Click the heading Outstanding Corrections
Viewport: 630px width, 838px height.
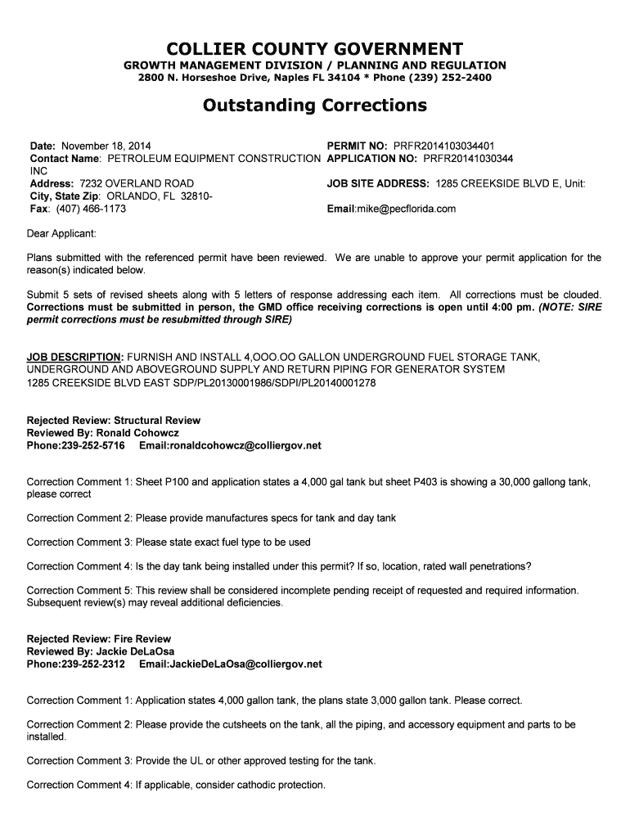tap(315, 106)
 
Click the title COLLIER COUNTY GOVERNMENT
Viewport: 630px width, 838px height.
tap(315, 48)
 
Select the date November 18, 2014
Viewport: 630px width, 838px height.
tap(106, 145)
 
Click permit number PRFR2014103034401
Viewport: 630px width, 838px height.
tap(443, 145)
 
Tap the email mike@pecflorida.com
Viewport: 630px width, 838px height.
tap(405, 209)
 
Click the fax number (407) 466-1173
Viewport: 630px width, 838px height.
tap(91, 209)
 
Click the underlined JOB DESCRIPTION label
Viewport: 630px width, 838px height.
tap(74, 358)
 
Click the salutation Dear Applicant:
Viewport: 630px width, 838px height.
tap(61, 234)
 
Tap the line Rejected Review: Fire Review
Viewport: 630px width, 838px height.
tap(99, 638)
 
